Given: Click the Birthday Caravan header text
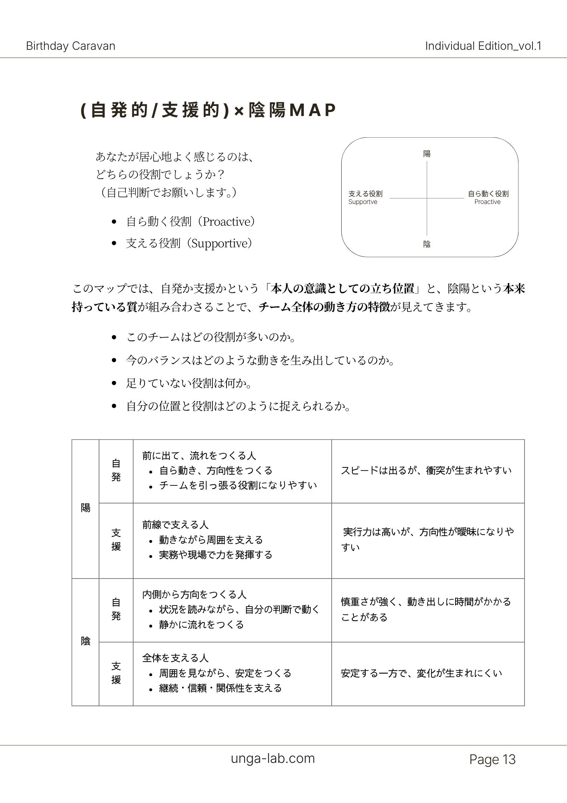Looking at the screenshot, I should click(71, 46).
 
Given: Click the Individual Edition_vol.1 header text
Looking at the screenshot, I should click(483, 46).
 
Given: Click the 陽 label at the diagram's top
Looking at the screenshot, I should click(427, 154).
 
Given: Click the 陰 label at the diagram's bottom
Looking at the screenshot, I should click(427, 244).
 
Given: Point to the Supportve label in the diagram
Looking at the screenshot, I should click(362, 202).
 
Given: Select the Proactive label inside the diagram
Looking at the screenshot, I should click(487, 202).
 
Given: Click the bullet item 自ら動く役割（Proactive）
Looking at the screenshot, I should click(190, 222).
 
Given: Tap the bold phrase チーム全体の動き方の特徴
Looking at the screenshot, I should click(324, 307).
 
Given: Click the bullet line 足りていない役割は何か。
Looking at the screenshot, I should click(189, 383).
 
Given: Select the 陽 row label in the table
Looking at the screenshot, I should click(85, 508).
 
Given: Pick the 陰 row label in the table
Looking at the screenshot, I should click(85, 641).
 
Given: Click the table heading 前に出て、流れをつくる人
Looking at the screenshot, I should click(199, 456).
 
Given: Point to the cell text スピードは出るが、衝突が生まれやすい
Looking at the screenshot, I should click(426, 471).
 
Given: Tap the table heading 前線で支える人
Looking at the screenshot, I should click(175, 525).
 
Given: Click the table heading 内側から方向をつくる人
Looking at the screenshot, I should click(194, 595).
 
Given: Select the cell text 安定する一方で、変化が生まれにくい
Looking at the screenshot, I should click(421, 673).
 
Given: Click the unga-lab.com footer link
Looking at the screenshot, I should click(273, 758).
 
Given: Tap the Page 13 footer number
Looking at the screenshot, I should click(492, 760).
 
